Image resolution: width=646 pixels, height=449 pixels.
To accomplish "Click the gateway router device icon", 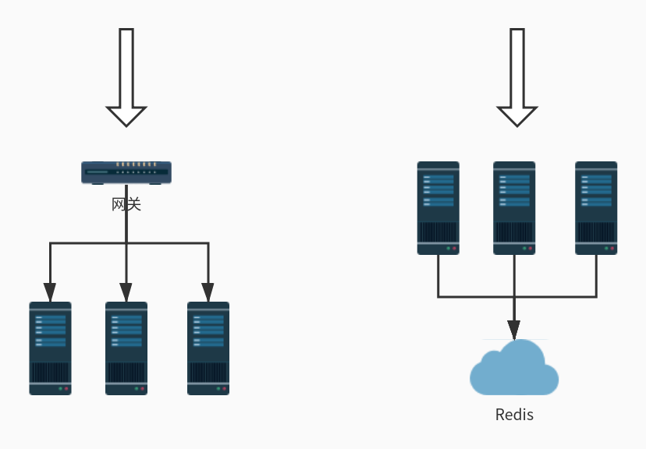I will tap(126, 172).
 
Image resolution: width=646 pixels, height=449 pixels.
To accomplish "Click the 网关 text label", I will tap(126, 204).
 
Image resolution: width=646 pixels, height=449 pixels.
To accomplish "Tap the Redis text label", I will tap(514, 415).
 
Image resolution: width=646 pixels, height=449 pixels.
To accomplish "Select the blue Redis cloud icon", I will tap(514, 370).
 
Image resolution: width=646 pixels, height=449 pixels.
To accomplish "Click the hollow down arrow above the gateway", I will tap(126, 78).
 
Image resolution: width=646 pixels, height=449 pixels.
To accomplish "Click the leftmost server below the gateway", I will tap(50, 348).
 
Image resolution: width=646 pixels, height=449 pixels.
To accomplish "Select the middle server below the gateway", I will tap(126, 348).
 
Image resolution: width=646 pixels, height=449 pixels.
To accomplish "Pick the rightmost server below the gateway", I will tap(208, 348).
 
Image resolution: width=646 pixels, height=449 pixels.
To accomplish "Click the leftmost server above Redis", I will tap(438, 208).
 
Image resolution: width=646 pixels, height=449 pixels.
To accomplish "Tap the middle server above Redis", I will tap(514, 208).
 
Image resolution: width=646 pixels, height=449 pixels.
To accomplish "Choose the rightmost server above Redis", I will tap(596, 208).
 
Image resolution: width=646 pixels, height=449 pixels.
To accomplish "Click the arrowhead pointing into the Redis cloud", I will tap(514, 330).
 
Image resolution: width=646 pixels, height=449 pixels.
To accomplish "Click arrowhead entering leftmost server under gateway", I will tap(50, 292).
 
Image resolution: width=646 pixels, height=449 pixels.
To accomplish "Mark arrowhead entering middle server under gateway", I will tap(126, 292).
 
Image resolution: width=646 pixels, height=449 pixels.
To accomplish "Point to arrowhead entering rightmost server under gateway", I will tap(208, 292).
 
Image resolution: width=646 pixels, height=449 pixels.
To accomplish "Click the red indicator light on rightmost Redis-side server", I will tap(613, 249).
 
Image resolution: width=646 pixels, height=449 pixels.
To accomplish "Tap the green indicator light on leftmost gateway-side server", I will tap(59, 388).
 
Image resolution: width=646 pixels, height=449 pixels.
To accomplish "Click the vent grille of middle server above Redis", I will tap(514, 232).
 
